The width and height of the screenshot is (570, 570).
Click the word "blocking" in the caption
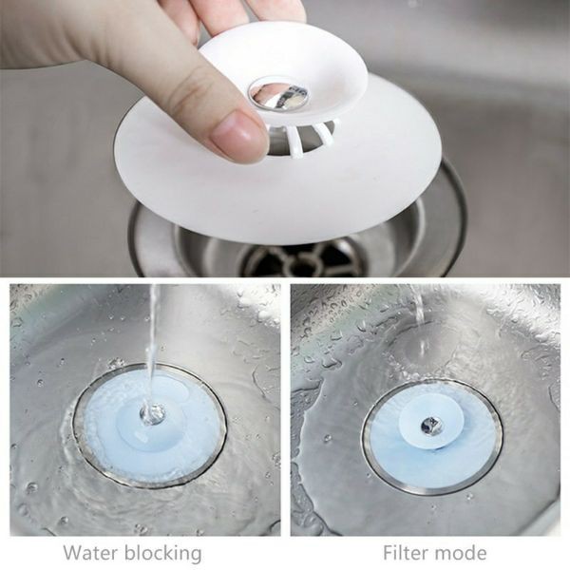click(162, 554)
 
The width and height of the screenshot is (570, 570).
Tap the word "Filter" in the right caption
click(405, 553)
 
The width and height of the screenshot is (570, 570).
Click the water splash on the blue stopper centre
click(152, 413)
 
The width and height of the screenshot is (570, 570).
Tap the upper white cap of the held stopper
click(282, 73)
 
